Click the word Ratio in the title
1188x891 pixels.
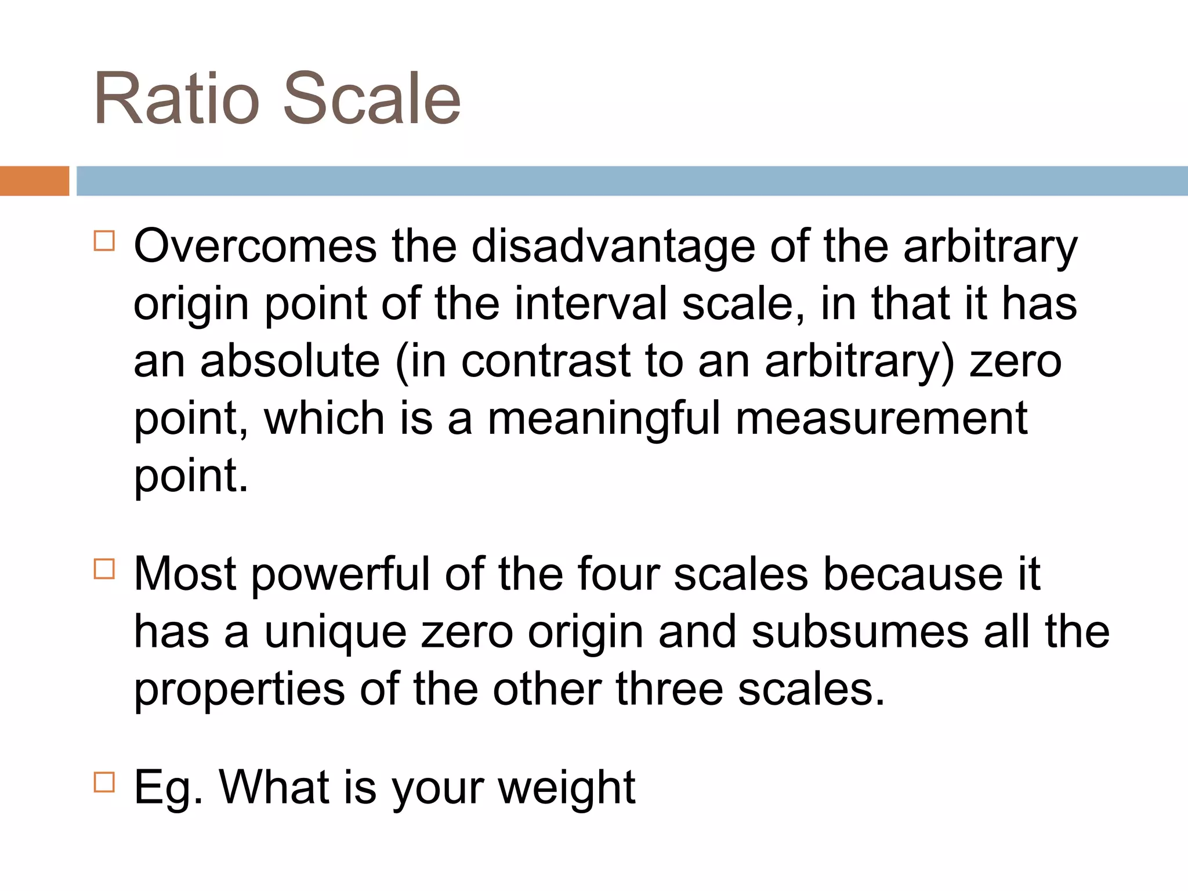tap(176, 99)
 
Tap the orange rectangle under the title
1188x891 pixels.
tap(34, 181)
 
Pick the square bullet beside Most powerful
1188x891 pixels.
tap(104, 568)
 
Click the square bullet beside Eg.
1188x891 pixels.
tap(104, 782)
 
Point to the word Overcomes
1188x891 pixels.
tap(255, 247)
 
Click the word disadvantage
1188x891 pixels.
tap(613, 247)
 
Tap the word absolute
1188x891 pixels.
tap(290, 361)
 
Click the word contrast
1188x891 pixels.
tap(545, 361)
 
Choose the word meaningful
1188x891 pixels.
tap(603, 419)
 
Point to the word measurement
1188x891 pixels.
tap(882, 419)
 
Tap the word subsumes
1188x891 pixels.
tap(860, 632)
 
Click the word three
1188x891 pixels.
tap(669, 689)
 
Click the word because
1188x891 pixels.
tap(912, 575)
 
